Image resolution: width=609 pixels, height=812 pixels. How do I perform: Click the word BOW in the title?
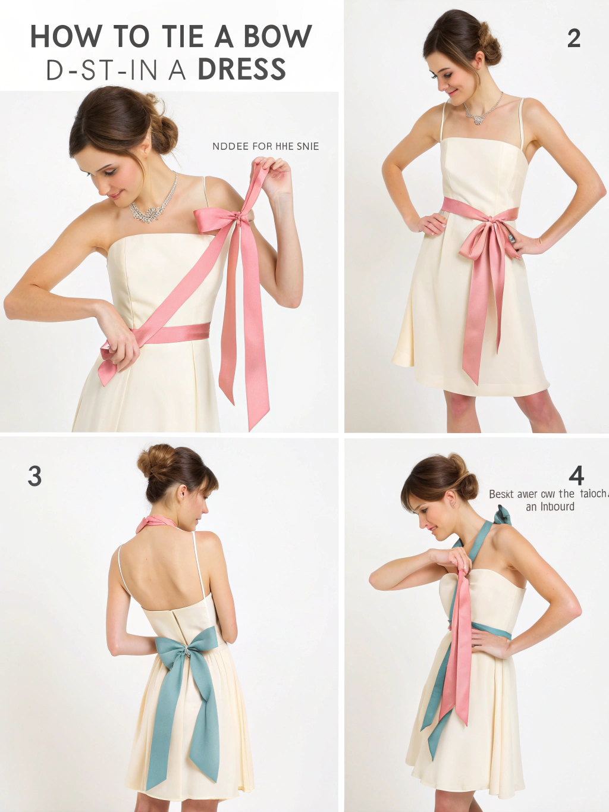(x=277, y=37)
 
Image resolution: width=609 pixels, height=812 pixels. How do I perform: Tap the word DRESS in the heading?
(x=241, y=70)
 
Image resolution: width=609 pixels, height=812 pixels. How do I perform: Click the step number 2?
(x=573, y=39)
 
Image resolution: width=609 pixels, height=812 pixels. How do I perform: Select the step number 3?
(x=34, y=476)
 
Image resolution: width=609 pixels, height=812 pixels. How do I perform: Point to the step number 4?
(x=576, y=475)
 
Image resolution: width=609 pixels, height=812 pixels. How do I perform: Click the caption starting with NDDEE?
(x=265, y=146)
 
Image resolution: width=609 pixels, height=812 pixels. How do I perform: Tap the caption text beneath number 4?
(x=548, y=500)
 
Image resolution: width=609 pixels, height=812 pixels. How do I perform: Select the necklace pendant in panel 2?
(x=478, y=119)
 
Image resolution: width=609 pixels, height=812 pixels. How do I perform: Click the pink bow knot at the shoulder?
(x=240, y=218)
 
